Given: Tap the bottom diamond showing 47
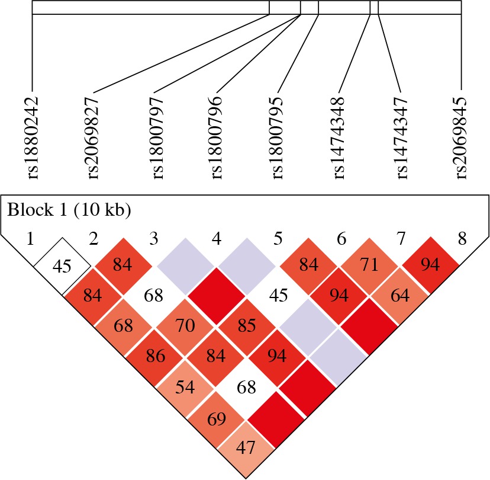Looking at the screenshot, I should coord(246,447).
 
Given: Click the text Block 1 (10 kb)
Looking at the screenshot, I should coord(69,210).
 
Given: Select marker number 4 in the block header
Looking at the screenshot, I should coord(217,239).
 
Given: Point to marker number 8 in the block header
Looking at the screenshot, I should coord(462,239).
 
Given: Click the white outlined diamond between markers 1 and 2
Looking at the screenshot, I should coord(62,265).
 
